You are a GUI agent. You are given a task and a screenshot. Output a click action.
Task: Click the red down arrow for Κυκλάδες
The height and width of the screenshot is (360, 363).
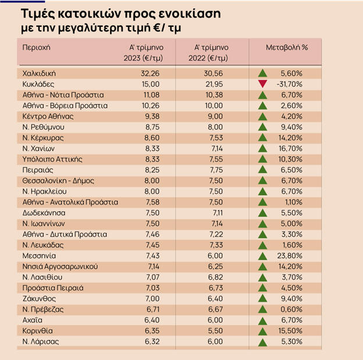pyautogui.click(x=262, y=84)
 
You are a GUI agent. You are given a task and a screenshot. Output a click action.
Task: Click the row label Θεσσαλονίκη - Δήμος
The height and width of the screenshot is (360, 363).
pyautogui.click(x=58, y=181)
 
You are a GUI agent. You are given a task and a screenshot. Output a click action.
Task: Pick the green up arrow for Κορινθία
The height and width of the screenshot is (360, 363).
pyautogui.click(x=262, y=331)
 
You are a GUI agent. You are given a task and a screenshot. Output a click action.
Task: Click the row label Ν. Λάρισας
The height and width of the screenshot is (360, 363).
pyautogui.click(x=41, y=341)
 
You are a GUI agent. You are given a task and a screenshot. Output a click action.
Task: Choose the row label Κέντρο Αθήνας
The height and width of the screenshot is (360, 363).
pyautogui.click(x=48, y=117)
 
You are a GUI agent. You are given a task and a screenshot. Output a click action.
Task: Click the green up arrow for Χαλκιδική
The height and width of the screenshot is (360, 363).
pyautogui.click(x=262, y=74)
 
